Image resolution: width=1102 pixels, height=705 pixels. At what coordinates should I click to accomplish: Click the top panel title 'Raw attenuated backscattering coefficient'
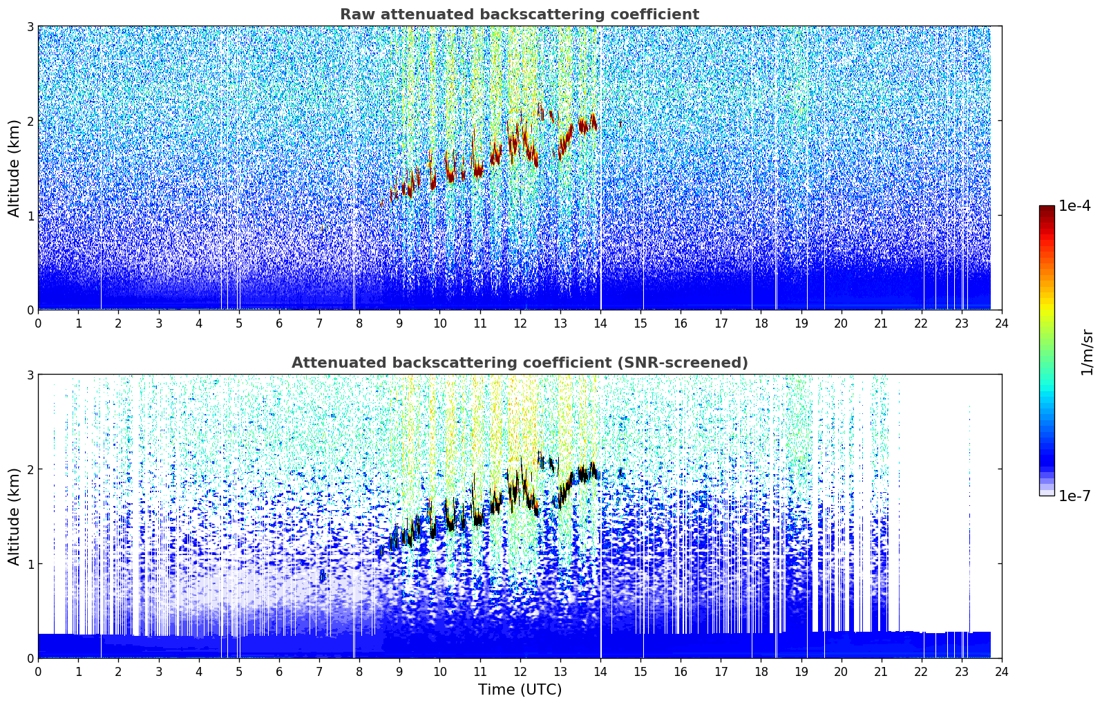click(x=520, y=15)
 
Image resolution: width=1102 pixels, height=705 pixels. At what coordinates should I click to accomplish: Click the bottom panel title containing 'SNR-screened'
click(x=520, y=363)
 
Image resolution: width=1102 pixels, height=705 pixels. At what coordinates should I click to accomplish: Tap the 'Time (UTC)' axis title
click(x=520, y=689)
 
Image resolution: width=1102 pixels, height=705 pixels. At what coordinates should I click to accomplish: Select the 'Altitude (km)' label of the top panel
click(x=14, y=169)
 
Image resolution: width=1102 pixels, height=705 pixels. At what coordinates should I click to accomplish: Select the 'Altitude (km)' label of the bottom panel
click(x=14, y=516)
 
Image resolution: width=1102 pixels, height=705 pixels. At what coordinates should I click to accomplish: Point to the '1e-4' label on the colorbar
click(x=1074, y=206)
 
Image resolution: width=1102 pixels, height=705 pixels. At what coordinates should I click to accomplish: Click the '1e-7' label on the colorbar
click(x=1074, y=496)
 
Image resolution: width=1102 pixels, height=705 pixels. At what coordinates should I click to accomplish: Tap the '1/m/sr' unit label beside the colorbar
click(x=1086, y=353)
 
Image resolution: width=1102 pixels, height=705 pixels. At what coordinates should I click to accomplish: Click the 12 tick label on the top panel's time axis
click(x=520, y=323)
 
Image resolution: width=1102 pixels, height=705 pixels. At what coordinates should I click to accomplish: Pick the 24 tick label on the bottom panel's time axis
click(x=1002, y=672)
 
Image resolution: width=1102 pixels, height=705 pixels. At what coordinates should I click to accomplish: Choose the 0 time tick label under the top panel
click(x=39, y=323)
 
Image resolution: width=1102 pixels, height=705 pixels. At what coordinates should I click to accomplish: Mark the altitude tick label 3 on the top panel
click(x=30, y=26)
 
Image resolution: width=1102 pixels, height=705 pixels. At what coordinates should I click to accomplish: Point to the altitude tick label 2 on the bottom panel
click(x=30, y=469)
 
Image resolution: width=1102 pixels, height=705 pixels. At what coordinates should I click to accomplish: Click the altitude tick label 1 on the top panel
click(x=30, y=216)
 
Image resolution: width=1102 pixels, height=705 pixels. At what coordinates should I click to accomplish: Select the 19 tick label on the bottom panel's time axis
click(x=801, y=672)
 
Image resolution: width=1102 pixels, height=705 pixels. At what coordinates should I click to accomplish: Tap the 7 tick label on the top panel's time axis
click(x=319, y=323)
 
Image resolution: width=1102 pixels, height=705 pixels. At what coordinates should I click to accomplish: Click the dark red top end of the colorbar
click(x=1047, y=208)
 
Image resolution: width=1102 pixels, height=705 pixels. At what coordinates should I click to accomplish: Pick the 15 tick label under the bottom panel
click(x=640, y=672)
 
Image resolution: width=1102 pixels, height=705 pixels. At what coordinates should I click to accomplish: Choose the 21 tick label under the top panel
click(x=881, y=323)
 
